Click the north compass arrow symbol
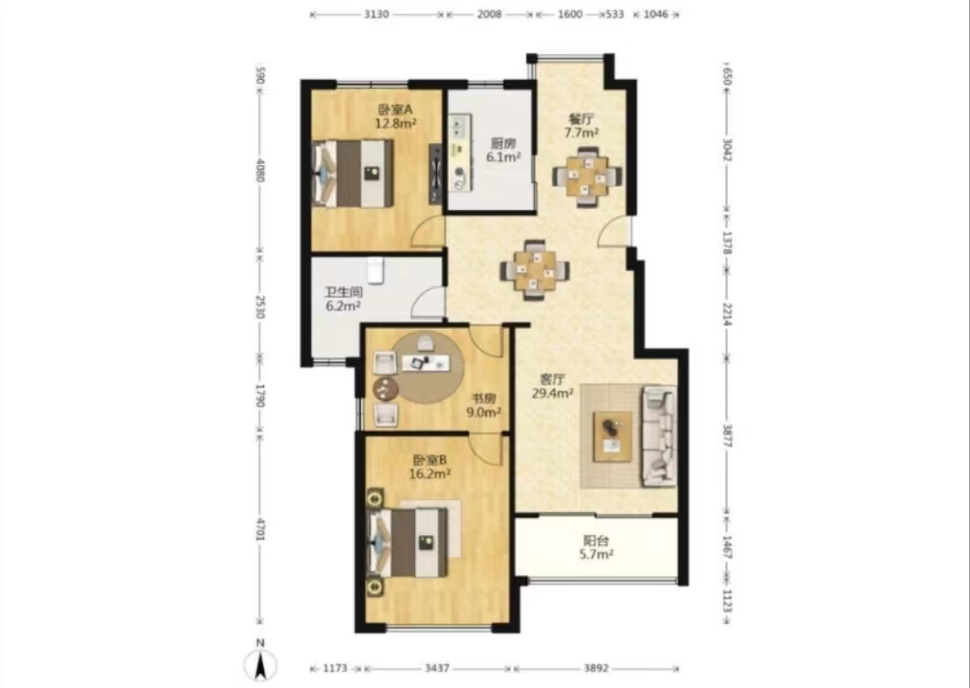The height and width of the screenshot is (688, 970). point(260,666)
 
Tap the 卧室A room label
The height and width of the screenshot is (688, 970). point(396,110)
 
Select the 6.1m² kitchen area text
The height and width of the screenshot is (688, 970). point(503,158)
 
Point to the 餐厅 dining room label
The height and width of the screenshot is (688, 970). point(581,119)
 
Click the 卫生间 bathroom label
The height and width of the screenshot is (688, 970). point(343,292)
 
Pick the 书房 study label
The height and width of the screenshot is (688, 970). point(484,399)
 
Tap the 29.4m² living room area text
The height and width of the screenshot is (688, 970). point(552,392)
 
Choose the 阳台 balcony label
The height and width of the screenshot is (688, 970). point(595,541)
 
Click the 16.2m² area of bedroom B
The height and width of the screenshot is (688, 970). point(430,474)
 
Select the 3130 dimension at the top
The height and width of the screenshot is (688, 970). point(376,15)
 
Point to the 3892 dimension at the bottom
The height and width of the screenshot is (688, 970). point(596,668)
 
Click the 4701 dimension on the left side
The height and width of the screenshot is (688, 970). point(260,530)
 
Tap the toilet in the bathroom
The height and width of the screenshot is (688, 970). point(375,269)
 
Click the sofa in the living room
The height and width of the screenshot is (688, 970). point(660,435)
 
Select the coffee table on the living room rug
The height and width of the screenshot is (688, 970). point(613,437)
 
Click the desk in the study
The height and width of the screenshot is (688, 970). point(425,363)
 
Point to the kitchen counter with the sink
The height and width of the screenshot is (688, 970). point(460,152)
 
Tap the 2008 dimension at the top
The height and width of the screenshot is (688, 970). point(489,15)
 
